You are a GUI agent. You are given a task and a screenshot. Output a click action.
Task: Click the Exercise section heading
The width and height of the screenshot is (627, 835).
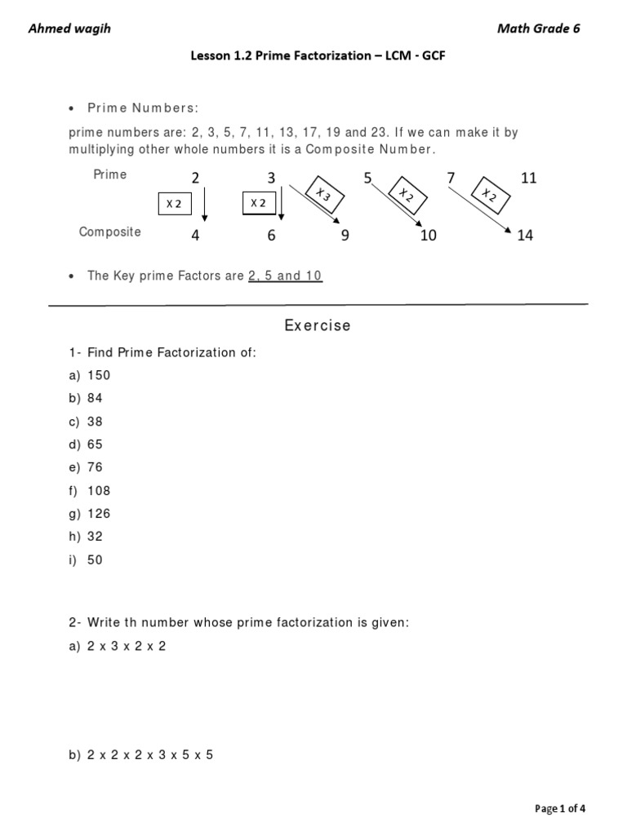click(318, 325)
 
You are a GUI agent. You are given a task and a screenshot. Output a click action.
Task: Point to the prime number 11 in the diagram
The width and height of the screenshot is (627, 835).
click(528, 178)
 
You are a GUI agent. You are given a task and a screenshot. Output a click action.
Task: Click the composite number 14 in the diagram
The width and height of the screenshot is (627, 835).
click(525, 236)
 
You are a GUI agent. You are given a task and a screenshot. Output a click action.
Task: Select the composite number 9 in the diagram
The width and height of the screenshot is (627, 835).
click(345, 236)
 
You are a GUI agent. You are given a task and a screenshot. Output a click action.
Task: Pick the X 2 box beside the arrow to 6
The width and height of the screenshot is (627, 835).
click(259, 203)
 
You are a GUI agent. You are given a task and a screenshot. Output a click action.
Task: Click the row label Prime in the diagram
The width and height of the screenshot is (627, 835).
click(110, 175)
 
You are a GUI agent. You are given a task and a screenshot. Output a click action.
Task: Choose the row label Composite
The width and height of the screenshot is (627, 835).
click(109, 232)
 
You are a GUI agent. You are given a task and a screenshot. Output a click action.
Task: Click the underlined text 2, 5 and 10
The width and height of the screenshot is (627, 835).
click(285, 276)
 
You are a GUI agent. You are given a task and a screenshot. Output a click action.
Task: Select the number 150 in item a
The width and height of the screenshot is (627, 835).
click(99, 375)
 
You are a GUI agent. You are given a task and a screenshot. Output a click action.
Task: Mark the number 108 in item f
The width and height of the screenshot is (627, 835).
click(99, 491)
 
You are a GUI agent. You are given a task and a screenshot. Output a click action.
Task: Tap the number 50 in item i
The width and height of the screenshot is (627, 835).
click(96, 560)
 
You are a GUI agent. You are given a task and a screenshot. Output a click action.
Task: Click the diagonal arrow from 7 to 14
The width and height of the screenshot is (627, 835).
click(486, 209)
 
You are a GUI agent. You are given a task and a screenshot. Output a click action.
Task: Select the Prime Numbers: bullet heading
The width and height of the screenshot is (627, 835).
click(143, 109)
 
